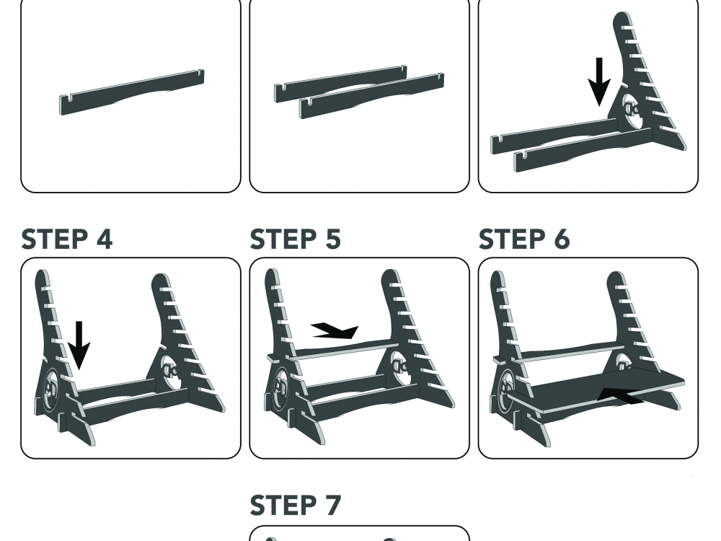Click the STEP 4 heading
[x=66, y=239]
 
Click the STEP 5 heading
[x=295, y=239]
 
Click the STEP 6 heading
[x=524, y=239]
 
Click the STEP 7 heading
[x=295, y=505]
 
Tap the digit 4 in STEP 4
[x=105, y=239]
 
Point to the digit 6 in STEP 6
[x=562, y=239]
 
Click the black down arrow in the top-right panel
[x=599, y=82]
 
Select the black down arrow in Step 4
[x=79, y=345]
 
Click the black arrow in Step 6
[x=621, y=396]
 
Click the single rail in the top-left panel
[x=132, y=92]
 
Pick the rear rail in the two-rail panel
[x=340, y=83]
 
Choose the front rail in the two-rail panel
[x=371, y=95]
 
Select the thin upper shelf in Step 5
[x=333, y=350]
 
